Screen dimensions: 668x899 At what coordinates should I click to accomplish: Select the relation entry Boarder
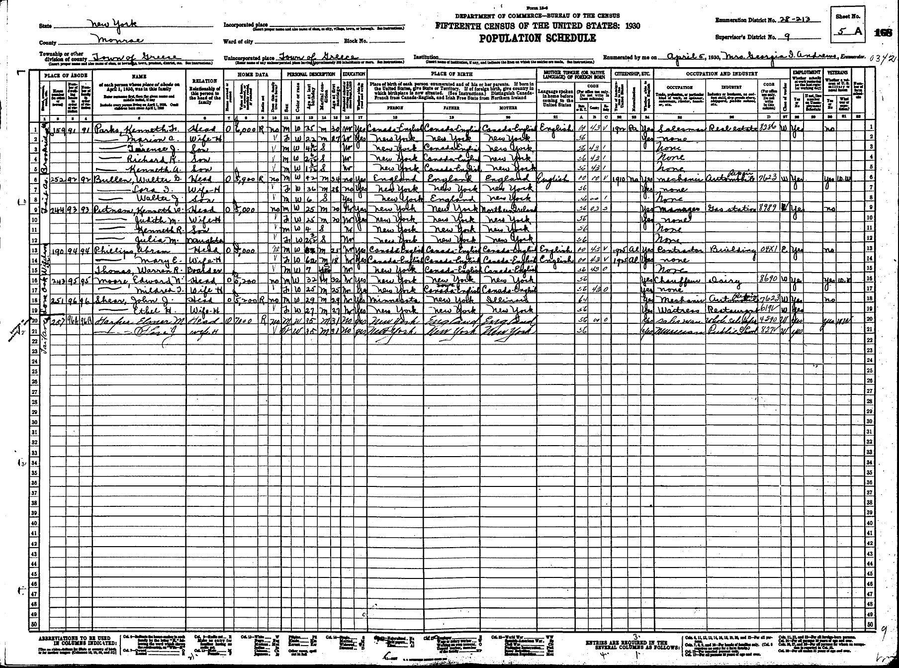(201, 271)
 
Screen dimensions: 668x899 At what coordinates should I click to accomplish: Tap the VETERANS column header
(837, 72)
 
